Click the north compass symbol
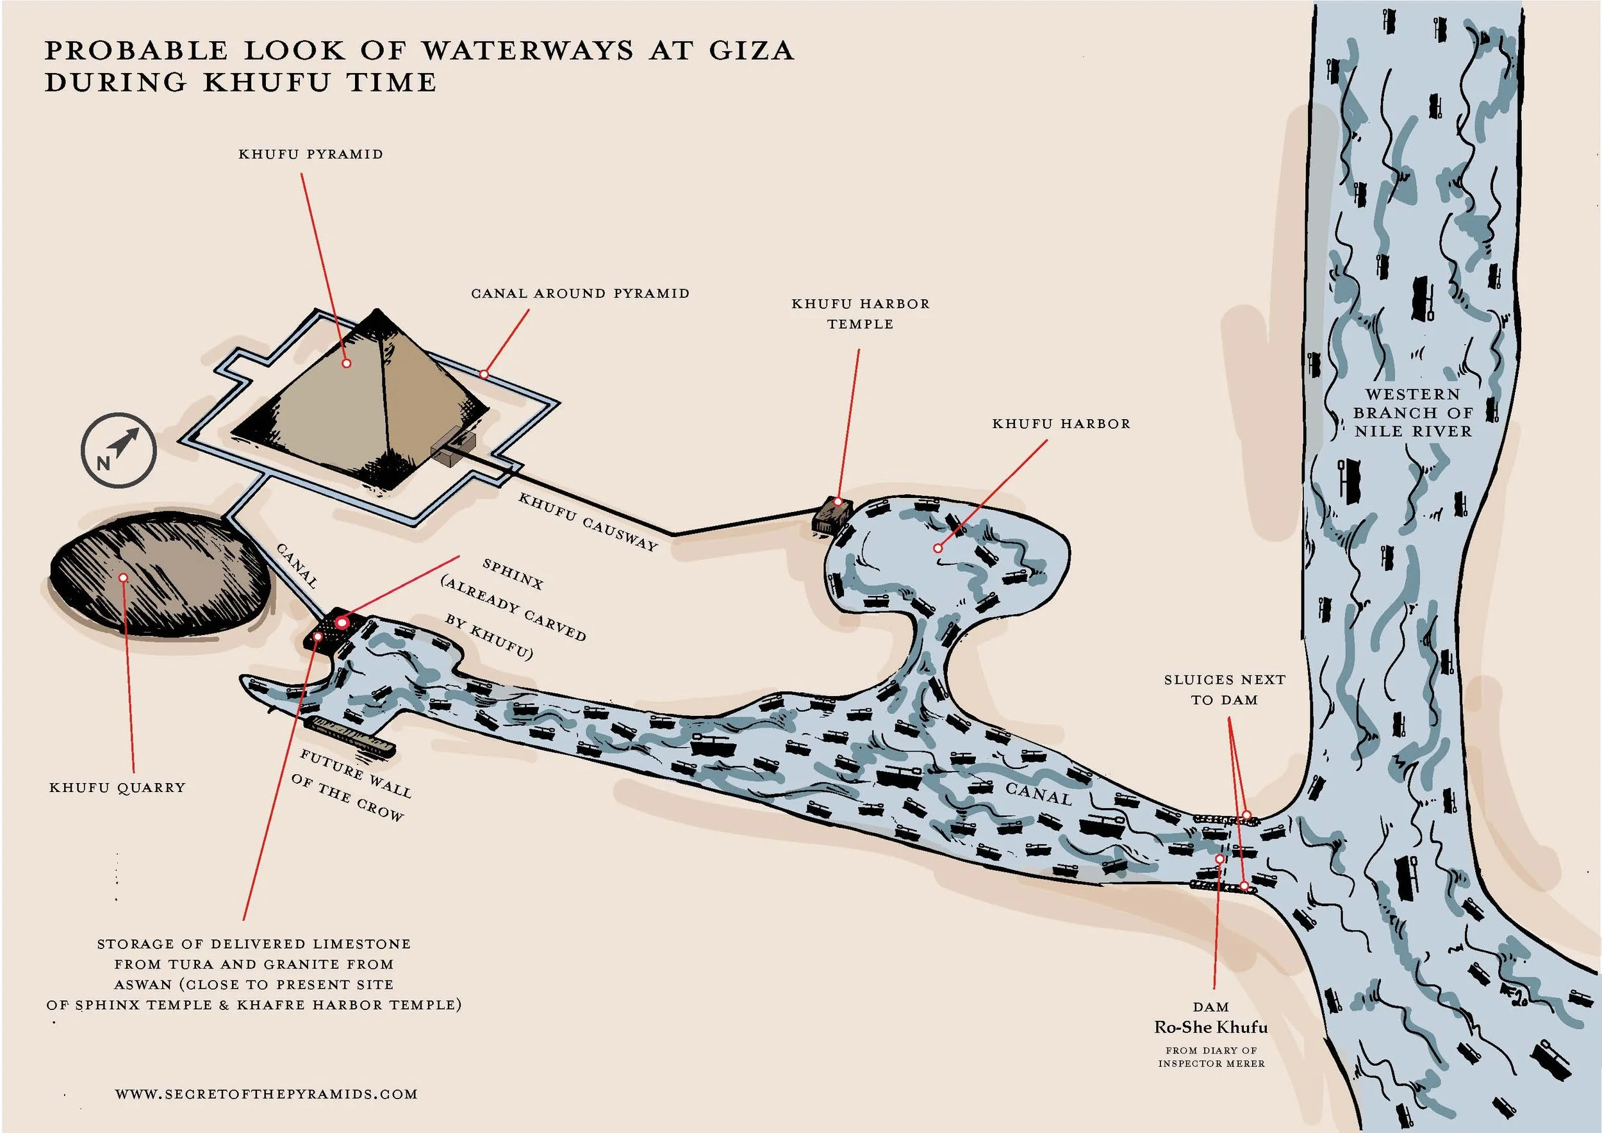pyautogui.click(x=119, y=449)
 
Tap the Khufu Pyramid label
pyautogui.click(x=311, y=154)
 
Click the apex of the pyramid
pyautogui.click(x=377, y=312)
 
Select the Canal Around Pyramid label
pyautogui.click(x=580, y=294)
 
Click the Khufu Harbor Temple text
pyautogui.click(x=861, y=314)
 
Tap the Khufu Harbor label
pyautogui.click(x=1061, y=424)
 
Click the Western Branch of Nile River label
pyautogui.click(x=1413, y=413)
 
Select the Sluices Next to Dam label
pyautogui.click(x=1225, y=690)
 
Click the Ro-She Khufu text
pyautogui.click(x=1210, y=1027)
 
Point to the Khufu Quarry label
pyautogui.click(x=117, y=788)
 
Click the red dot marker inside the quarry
pyautogui.click(x=123, y=577)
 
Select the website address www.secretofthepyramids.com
pyautogui.click(x=266, y=1094)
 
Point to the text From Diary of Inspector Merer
pyautogui.click(x=1210, y=1056)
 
